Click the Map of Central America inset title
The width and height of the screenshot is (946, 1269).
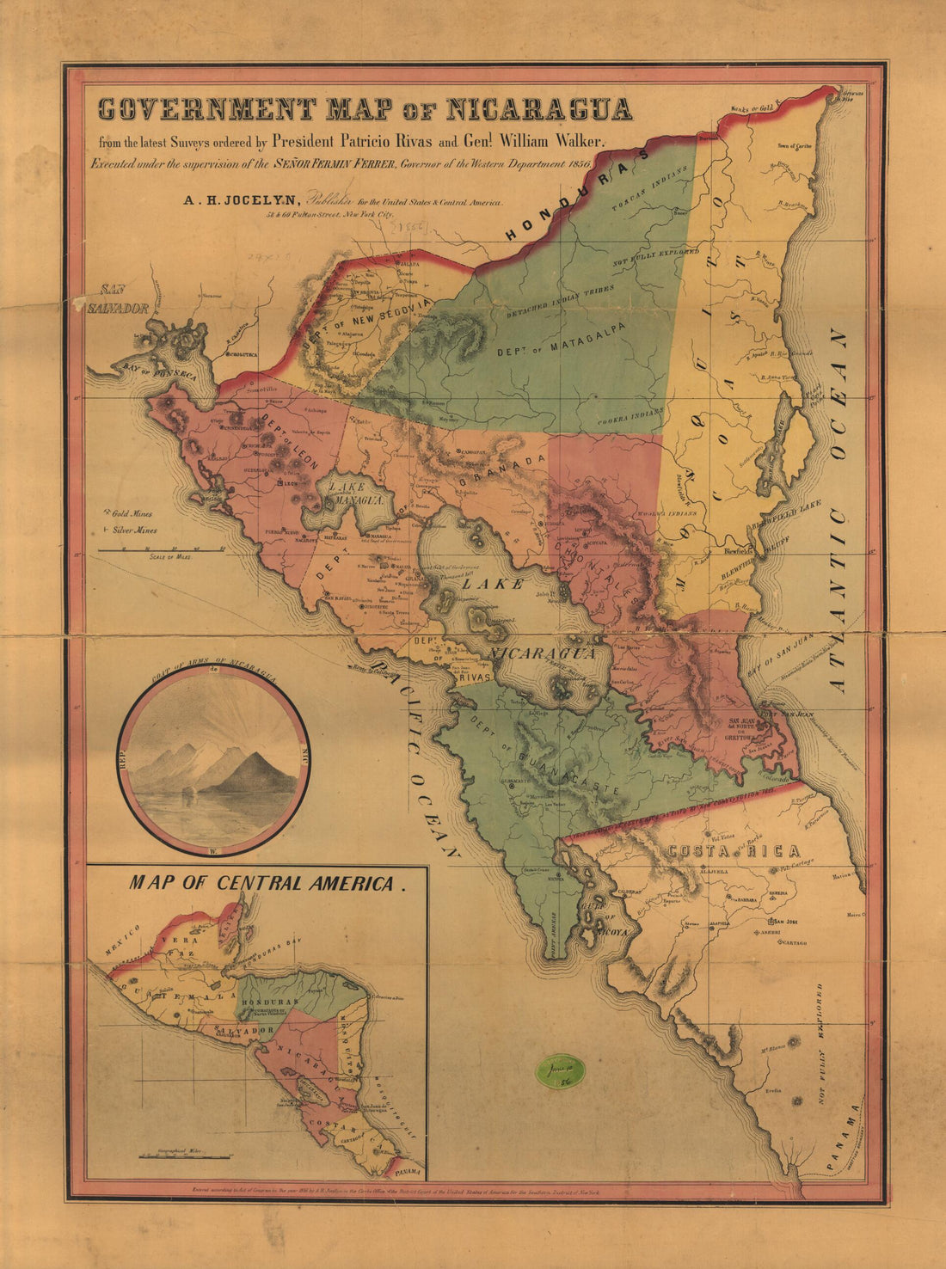pos(266,883)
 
